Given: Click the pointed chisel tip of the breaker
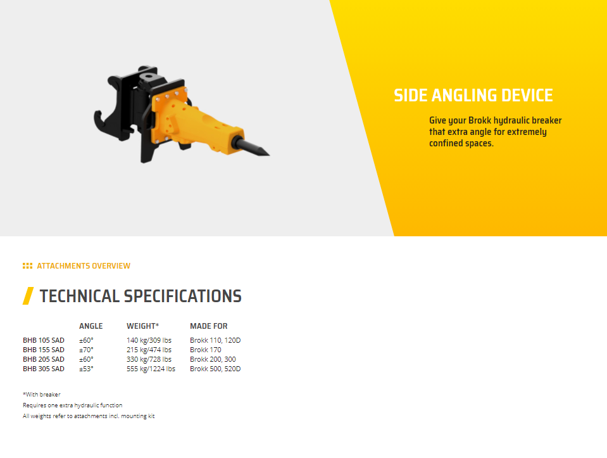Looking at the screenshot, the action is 268,155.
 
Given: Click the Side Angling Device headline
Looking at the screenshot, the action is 473,95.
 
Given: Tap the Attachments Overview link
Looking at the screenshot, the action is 84,266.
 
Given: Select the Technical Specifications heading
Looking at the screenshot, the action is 141,296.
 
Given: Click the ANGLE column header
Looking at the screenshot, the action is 91,326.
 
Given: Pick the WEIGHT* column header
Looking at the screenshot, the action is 143,326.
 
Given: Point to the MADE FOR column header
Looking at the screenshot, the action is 209,326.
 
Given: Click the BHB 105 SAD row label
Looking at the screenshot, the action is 44,340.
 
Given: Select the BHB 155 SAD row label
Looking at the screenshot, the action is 44,350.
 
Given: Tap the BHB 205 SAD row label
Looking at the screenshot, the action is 44,359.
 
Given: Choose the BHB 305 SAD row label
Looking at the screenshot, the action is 44,369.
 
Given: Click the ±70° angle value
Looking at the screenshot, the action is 86,350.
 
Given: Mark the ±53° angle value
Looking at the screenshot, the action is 86,369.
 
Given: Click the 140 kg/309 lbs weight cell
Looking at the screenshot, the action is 149,340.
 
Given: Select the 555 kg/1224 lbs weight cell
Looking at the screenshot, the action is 151,369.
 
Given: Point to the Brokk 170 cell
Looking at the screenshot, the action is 206,350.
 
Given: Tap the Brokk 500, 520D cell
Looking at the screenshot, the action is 215,369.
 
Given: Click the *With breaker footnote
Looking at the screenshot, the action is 41,395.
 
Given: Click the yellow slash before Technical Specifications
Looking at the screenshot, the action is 28,296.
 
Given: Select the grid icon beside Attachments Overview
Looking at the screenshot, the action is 27,266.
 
